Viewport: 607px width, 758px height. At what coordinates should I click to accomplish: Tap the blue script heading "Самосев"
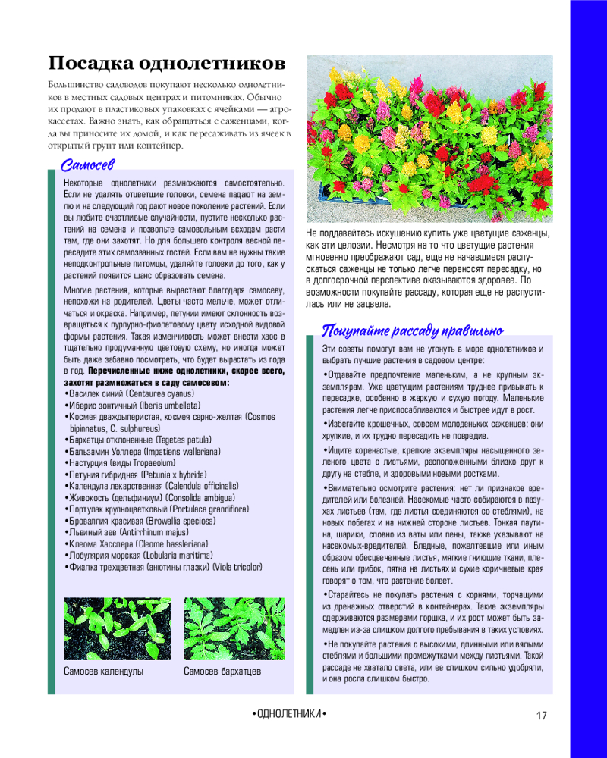pos(87,164)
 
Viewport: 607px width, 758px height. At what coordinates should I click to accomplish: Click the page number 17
pos(541,716)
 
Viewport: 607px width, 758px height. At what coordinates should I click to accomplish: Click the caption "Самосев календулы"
pos(104,671)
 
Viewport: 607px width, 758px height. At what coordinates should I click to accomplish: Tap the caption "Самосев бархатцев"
pos(222,671)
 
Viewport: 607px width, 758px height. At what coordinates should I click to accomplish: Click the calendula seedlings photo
pos(117,629)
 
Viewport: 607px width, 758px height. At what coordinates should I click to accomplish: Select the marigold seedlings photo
pos(234,629)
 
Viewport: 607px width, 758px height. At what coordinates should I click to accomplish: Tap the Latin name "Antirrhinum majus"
pos(157,533)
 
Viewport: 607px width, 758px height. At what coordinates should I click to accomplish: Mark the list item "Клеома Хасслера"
pos(99,543)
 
